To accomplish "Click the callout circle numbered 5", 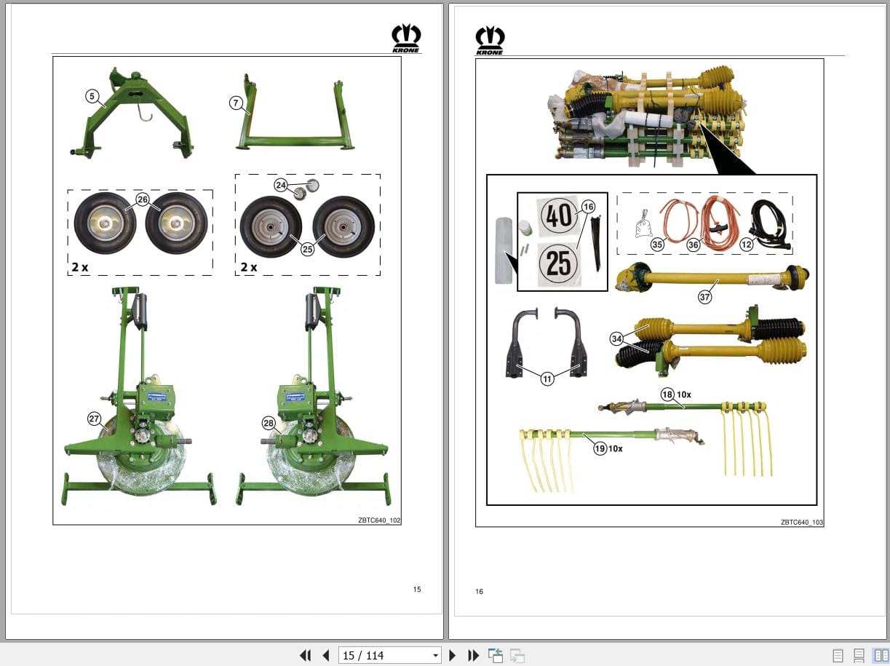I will pyautogui.click(x=92, y=96).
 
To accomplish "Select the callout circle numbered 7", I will pyautogui.click(x=236, y=103).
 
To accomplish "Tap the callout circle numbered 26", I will pyautogui.click(x=142, y=199).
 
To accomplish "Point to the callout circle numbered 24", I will pyautogui.click(x=281, y=186).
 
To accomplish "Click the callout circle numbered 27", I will pyautogui.click(x=94, y=419).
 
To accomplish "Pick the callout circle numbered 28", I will pyautogui.click(x=269, y=423).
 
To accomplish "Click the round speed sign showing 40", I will pyautogui.click(x=558, y=216).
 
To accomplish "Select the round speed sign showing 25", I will pyautogui.click(x=558, y=264).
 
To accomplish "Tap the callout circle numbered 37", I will pyautogui.click(x=704, y=296).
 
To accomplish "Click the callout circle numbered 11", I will pyautogui.click(x=547, y=378).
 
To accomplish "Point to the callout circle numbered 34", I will pyautogui.click(x=616, y=338).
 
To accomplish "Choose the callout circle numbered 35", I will pyautogui.click(x=657, y=245).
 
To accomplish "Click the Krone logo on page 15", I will pyautogui.click(x=406, y=38).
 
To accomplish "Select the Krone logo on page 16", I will pyautogui.click(x=490, y=40).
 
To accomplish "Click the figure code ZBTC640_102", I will pyautogui.click(x=379, y=520).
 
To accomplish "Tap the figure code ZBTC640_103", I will pyautogui.click(x=802, y=522).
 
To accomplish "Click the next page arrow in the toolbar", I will pyautogui.click(x=453, y=655).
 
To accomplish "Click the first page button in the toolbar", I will pyautogui.click(x=306, y=655).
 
